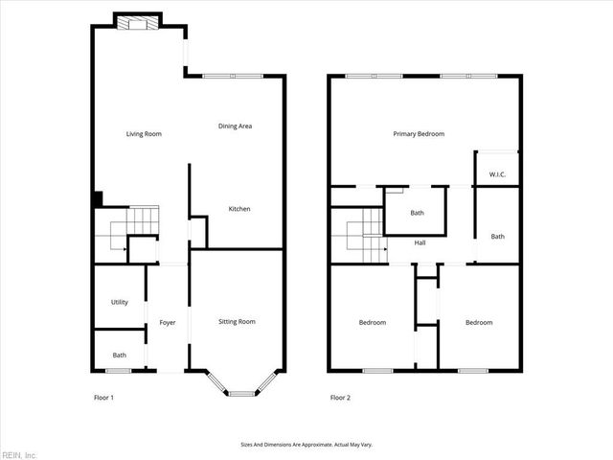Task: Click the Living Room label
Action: (x=144, y=134)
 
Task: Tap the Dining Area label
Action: (x=235, y=126)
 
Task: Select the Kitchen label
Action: (x=239, y=209)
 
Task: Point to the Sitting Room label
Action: (x=237, y=321)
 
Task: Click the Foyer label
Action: (x=167, y=322)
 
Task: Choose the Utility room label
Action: (x=119, y=302)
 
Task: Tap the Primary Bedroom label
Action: (x=419, y=134)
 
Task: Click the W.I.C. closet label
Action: (x=497, y=174)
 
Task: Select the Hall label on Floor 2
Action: (x=420, y=242)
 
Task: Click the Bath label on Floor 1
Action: (x=119, y=356)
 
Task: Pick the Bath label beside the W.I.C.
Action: (x=497, y=237)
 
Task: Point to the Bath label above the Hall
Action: (x=417, y=213)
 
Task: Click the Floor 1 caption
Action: (x=103, y=397)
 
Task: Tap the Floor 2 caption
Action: (x=340, y=397)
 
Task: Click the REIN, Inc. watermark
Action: (x=19, y=454)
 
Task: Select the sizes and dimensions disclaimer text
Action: (x=306, y=445)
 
